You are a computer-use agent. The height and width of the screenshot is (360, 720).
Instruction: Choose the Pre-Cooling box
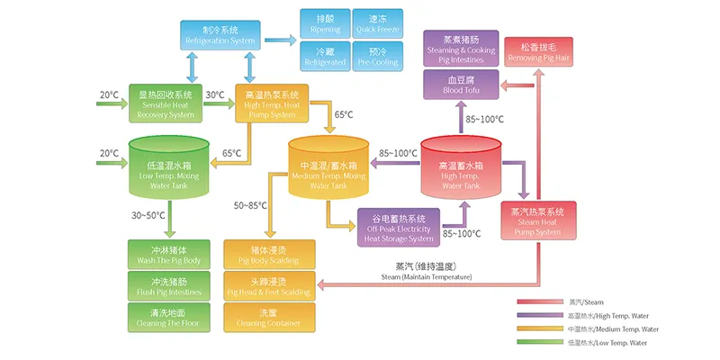(x=372, y=56)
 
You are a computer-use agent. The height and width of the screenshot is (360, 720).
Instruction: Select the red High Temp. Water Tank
(x=461, y=171)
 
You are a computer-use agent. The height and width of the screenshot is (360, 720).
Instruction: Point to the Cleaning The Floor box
(x=169, y=317)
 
